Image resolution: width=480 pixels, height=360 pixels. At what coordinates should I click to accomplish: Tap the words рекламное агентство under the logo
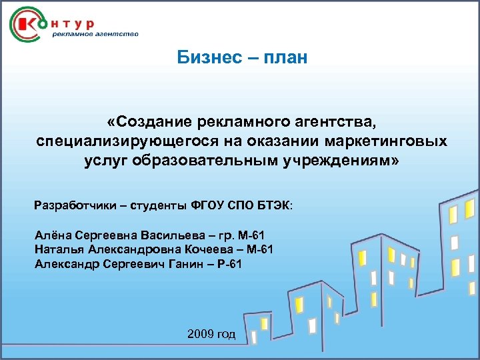click(x=95, y=35)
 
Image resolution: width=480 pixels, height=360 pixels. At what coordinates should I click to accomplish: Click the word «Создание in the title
click(x=150, y=122)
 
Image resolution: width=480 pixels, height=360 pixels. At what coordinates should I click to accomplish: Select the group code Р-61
click(x=229, y=264)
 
